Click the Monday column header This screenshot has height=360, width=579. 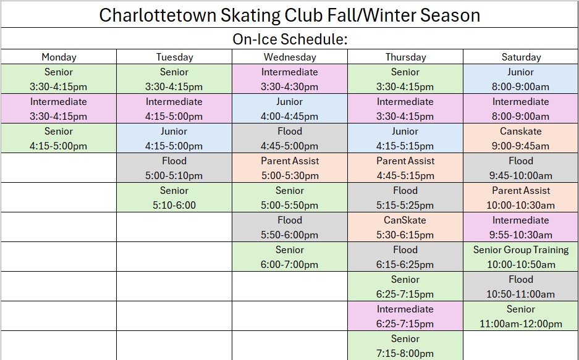click(x=59, y=57)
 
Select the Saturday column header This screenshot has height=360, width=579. click(x=521, y=57)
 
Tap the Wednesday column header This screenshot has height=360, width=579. click(x=290, y=57)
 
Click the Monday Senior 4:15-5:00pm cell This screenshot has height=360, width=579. click(x=59, y=138)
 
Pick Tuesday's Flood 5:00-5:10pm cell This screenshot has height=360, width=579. click(x=174, y=168)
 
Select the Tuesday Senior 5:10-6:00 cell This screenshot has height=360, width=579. click(x=174, y=198)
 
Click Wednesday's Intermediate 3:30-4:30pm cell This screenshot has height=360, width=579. click(x=290, y=79)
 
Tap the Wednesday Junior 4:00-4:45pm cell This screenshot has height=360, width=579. click(x=290, y=109)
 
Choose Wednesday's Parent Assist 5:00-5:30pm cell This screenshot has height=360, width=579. click(x=290, y=168)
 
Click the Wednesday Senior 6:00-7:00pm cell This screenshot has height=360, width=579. click(x=290, y=257)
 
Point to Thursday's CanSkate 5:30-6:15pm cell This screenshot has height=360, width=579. click(x=405, y=227)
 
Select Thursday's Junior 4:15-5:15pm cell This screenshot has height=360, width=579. click(x=405, y=138)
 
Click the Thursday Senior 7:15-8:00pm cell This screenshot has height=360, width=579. click(x=405, y=346)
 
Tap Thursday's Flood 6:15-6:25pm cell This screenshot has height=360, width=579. click(x=405, y=257)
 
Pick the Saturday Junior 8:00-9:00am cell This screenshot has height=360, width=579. click(x=521, y=79)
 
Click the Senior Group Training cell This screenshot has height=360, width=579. click(x=521, y=257)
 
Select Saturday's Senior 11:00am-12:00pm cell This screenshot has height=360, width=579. click(x=521, y=316)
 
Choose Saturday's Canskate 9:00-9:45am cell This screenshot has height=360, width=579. click(x=521, y=138)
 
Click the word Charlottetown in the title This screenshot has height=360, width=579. click(x=158, y=15)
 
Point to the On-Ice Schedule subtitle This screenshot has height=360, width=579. click(x=290, y=39)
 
